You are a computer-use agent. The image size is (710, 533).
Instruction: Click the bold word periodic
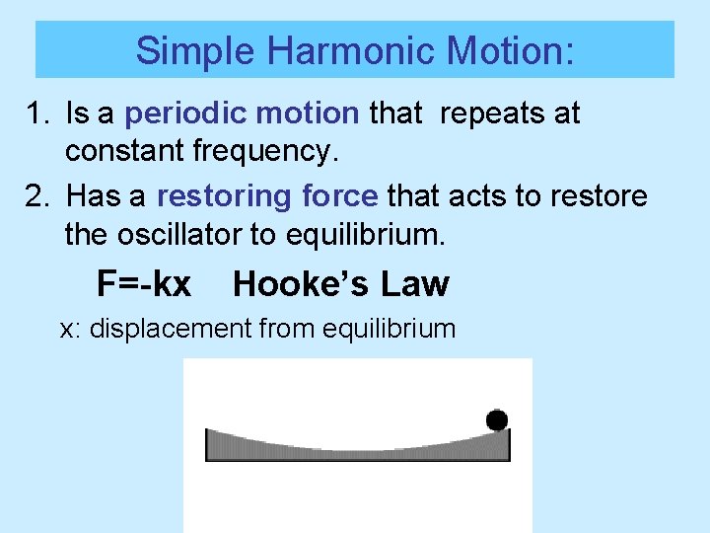(x=186, y=114)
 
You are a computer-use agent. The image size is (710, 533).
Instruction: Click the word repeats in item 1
(x=482, y=114)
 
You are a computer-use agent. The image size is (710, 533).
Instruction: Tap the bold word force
(x=333, y=196)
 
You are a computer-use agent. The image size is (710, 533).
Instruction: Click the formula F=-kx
(x=144, y=284)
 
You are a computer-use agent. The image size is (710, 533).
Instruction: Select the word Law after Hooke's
(x=414, y=284)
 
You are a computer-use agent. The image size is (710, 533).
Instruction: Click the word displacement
(x=171, y=329)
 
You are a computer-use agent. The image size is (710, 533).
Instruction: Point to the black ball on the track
(x=497, y=420)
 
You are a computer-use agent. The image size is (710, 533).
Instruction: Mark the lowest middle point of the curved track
(x=358, y=451)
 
